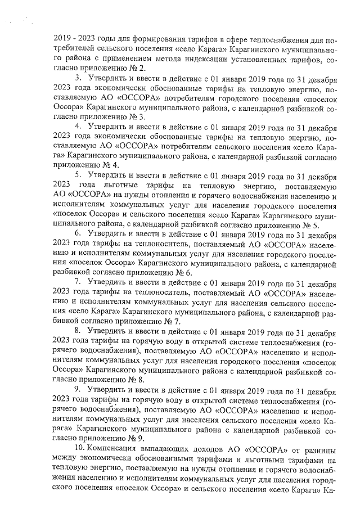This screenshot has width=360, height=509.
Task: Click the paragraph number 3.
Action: (78, 77)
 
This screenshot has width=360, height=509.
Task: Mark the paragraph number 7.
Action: (78, 282)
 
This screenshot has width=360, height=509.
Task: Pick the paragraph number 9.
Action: (78, 389)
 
